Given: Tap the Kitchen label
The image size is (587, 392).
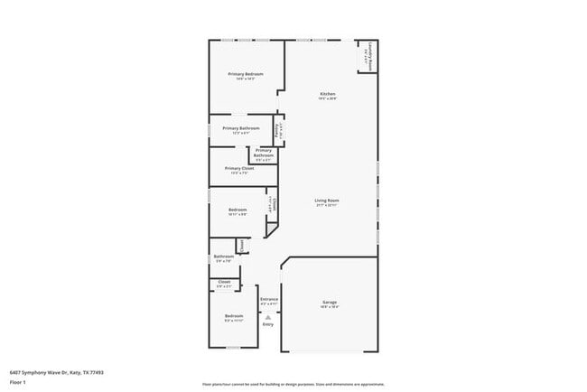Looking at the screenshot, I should (x=328, y=94).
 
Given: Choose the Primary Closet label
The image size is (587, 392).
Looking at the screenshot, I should (x=239, y=168).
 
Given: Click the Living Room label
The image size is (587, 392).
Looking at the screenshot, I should (x=326, y=200).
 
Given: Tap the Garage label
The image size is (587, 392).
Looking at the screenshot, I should (x=330, y=302).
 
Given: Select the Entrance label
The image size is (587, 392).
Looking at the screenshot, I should (x=269, y=299).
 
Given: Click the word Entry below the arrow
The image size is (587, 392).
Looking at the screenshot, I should (x=268, y=323).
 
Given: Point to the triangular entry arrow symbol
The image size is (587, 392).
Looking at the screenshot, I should (x=268, y=316).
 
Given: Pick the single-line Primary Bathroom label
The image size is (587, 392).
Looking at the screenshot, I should (x=240, y=127).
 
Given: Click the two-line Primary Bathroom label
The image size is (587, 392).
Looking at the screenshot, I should (x=263, y=153).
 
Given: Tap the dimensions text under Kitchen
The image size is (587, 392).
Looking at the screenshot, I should (x=328, y=99).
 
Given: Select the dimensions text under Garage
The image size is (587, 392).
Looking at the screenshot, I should (x=330, y=307).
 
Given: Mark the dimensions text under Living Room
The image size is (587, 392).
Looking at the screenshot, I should (x=326, y=205).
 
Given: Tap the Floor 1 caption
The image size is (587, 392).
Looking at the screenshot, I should (x=18, y=382).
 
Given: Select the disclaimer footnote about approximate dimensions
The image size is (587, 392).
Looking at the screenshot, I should (x=293, y=385).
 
